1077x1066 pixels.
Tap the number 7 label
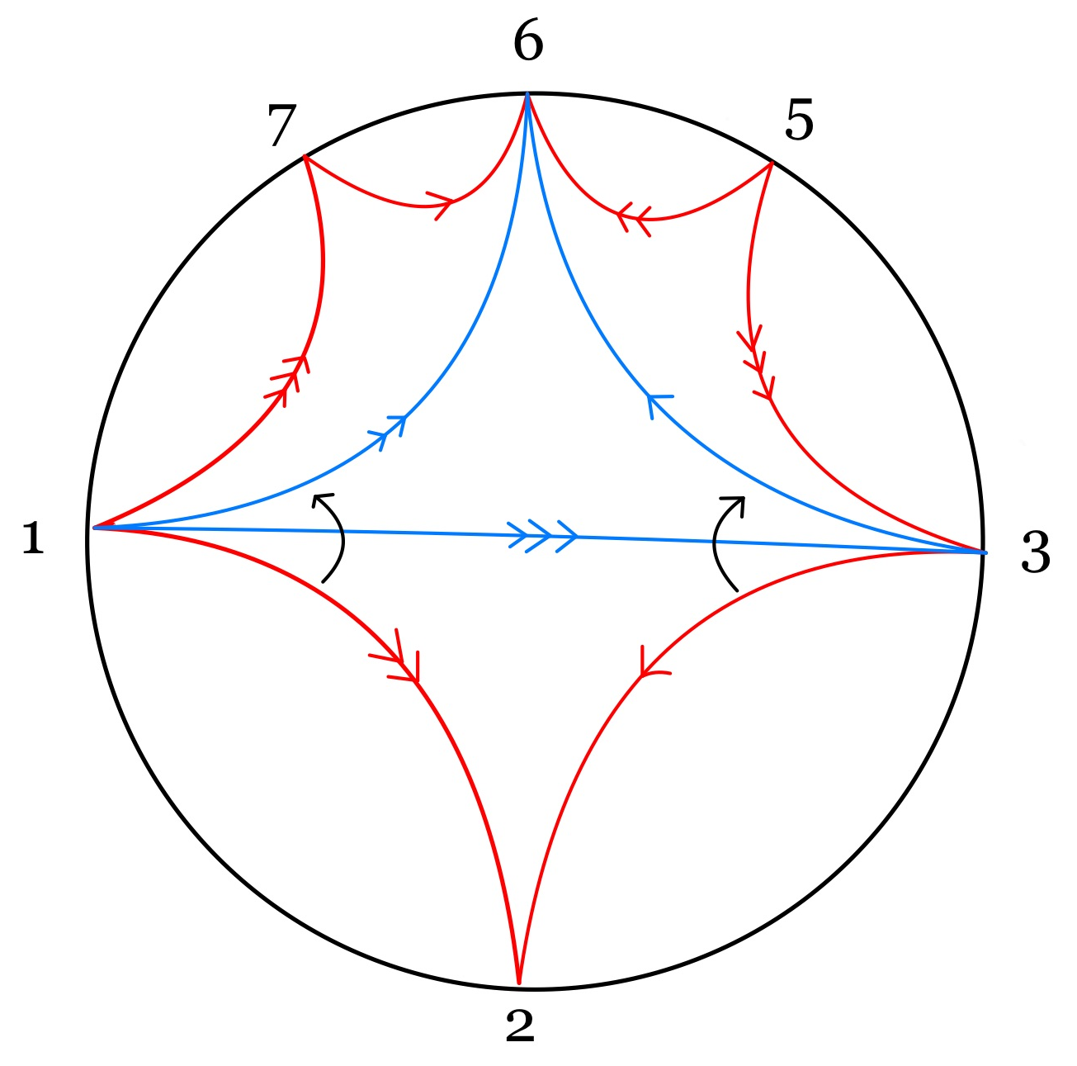coord(281,126)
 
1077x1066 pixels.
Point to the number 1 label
coord(32,538)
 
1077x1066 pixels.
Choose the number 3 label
coord(1036,552)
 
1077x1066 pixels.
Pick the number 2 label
coord(520,1026)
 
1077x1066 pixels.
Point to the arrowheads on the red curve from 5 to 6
coord(634,218)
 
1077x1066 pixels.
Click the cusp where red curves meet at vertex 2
coord(518,983)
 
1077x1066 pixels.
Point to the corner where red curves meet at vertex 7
coord(305,157)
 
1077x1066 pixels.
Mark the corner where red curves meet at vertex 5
coord(772,164)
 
